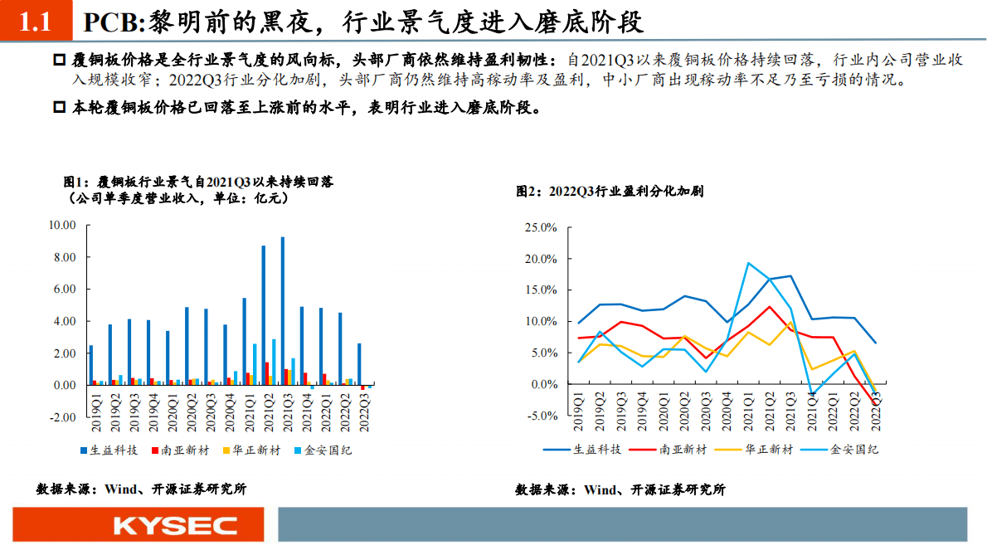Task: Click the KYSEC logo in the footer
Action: [x=175, y=525]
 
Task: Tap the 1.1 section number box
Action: [x=36, y=22]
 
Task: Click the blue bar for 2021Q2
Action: [x=264, y=315]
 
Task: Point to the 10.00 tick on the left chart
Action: [x=62, y=225]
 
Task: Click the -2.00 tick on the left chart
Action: [x=64, y=417]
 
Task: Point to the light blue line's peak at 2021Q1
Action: [x=748, y=263]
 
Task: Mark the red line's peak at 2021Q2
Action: [x=770, y=307]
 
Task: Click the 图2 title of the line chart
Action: [x=610, y=191]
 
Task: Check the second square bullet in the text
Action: [x=59, y=108]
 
